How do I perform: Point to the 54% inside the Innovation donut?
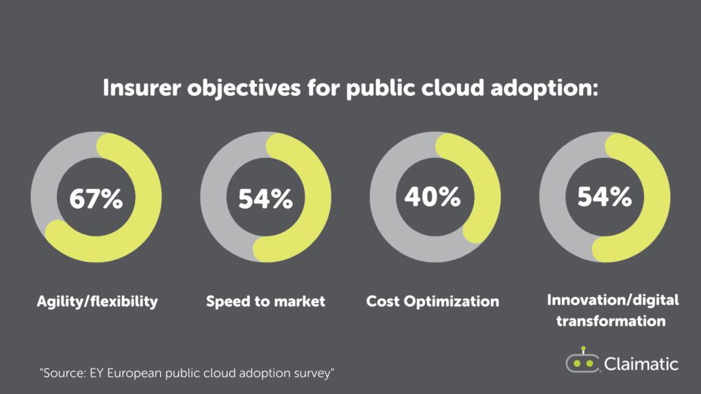click(604, 198)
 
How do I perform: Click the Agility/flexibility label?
click(97, 301)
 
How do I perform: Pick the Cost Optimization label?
click(433, 301)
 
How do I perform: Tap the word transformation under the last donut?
click(611, 320)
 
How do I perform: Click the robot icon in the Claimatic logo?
click(582, 360)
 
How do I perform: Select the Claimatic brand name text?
click(641, 363)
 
